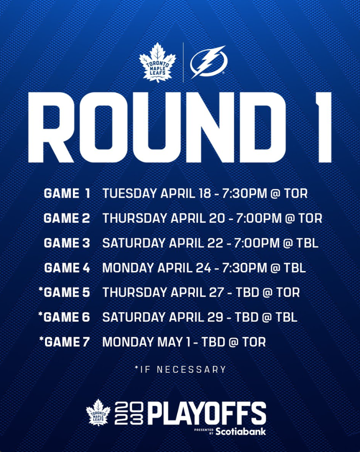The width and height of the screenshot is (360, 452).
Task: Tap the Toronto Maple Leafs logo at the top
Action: point(157,62)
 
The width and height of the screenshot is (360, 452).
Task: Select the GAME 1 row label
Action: point(67,193)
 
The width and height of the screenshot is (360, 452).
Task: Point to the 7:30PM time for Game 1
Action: point(244,193)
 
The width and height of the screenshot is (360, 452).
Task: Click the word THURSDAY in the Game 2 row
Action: point(135,218)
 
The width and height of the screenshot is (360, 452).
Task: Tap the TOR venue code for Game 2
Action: point(310,218)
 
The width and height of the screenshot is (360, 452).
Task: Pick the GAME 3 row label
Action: point(67,243)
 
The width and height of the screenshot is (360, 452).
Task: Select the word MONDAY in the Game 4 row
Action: point(128,268)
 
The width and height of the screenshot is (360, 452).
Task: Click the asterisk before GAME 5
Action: point(40,289)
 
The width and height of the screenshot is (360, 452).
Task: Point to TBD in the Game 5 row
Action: point(247,292)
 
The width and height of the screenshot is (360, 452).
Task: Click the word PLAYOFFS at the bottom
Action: point(207,414)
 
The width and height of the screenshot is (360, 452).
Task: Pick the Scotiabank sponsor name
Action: point(241,431)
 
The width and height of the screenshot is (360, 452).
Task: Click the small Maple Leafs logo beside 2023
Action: point(98,412)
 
